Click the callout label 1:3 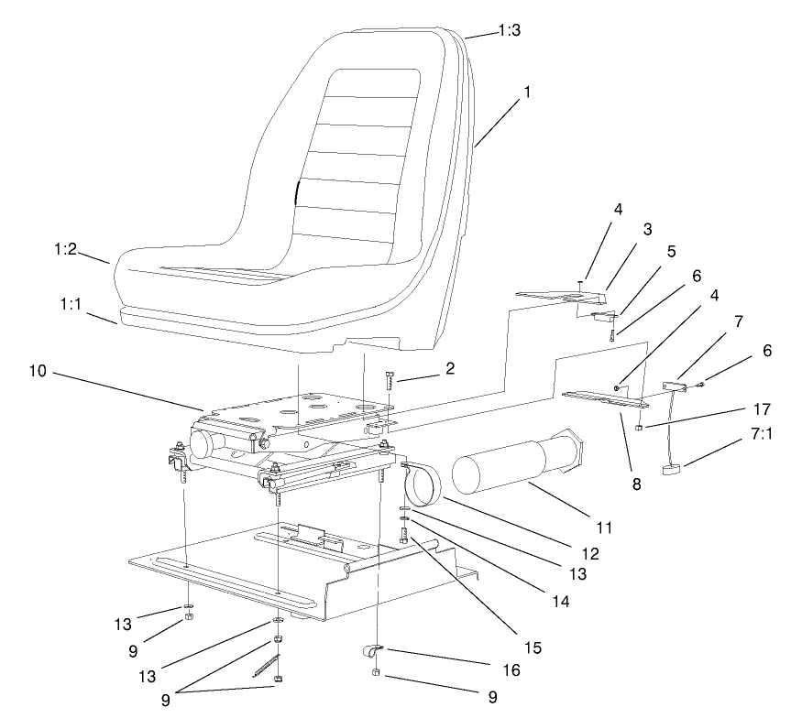[509, 30]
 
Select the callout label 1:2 [65, 249]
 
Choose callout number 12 [590, 553]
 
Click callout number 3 [647, 228]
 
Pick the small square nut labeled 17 [638, 428]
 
